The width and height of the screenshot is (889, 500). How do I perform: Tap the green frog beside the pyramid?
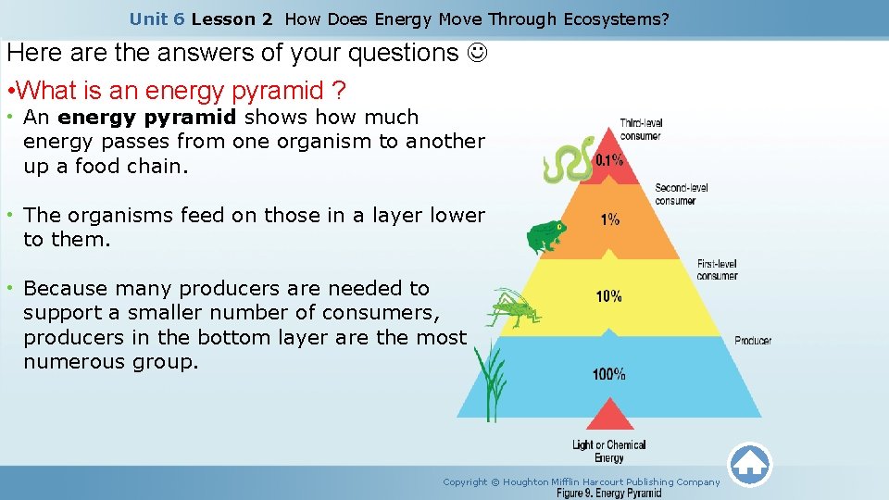pos(546,237)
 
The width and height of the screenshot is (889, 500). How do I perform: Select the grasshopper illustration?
pos(512,307)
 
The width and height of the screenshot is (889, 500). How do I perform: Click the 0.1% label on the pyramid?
pos(608,159)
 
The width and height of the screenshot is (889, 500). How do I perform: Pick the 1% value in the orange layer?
pos(610,220)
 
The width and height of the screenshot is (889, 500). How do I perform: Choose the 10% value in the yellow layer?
pos(608,296)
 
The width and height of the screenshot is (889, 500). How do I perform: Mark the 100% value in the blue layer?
pos(608,374)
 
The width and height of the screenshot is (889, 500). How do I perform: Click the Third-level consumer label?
pos(641,130)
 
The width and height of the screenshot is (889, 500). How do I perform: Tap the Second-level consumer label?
pos(682,194)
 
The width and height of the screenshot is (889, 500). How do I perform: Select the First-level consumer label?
pos(718,269)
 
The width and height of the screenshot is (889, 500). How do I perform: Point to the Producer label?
pos(753,341)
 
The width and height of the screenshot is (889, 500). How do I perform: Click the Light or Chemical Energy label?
pos(608,451)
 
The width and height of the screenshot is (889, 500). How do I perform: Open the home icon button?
pos(749,464)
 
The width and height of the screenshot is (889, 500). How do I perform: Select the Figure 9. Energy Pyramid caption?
pos(608,494)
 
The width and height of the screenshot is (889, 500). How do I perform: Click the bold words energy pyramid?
pos(147,118)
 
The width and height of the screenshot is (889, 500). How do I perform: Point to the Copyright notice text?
pos(581,481)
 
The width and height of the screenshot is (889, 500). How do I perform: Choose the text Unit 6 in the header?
pos(157,19)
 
